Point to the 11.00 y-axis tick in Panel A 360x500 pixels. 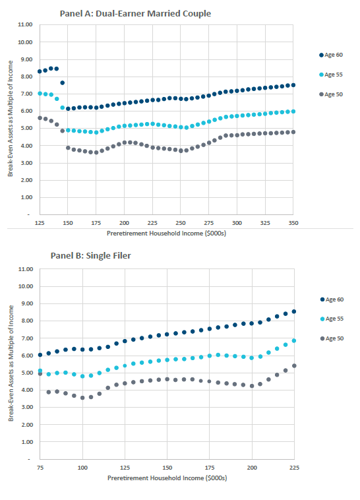point(25,25)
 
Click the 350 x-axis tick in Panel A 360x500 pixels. point(293,224)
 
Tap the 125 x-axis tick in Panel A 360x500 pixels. point(40,224)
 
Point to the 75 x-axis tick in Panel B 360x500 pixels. point(40,468)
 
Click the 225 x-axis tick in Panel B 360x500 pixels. point(293,468)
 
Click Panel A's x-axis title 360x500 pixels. point(166,234)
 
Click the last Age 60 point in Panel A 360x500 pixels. point(293,85)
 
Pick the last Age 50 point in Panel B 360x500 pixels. point(293,365)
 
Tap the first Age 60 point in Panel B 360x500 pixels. point(40,355)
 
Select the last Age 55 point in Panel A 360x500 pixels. point(293,111)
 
